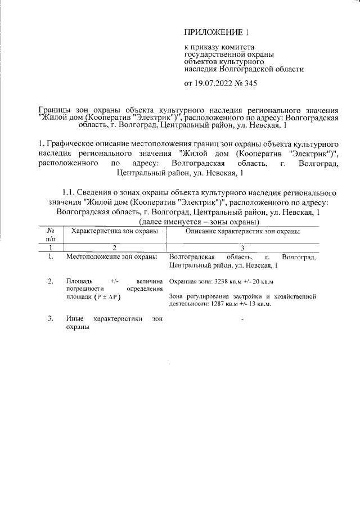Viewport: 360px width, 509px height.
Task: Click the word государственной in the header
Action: (214, 55)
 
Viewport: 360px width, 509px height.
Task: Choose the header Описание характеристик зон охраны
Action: (242, 231)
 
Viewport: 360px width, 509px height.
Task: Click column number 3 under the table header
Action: (242, 247)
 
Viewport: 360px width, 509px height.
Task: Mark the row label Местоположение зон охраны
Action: (111, 257)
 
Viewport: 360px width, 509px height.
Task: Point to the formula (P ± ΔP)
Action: (109, 296)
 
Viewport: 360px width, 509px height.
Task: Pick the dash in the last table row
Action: (242, 319)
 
